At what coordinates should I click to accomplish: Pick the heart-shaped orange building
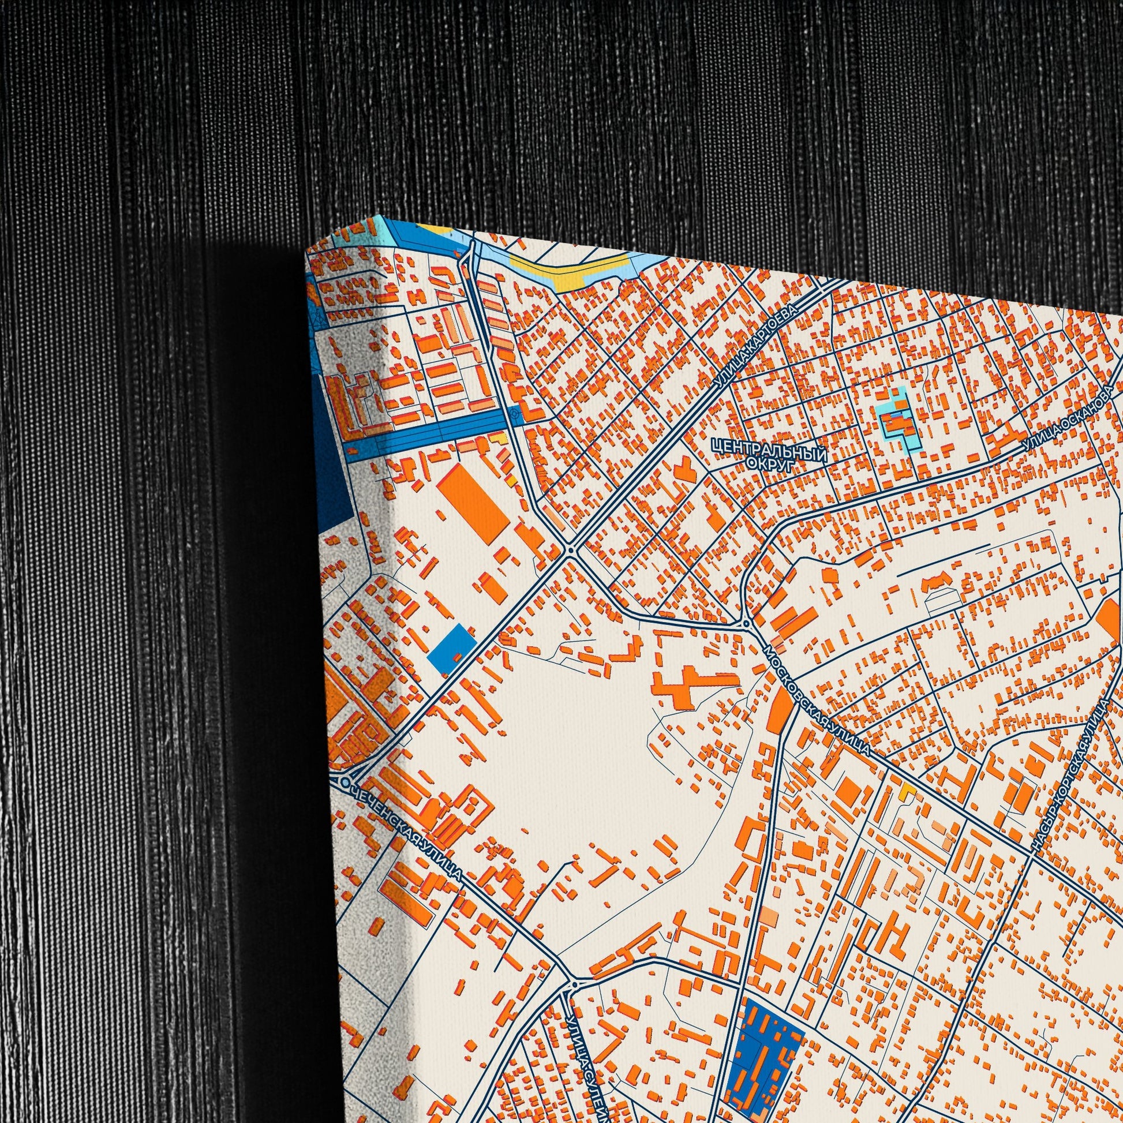pos(684,467)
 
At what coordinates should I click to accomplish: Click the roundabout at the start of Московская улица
pos(746,624)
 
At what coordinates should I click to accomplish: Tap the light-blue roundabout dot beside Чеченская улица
pos(345,784)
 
